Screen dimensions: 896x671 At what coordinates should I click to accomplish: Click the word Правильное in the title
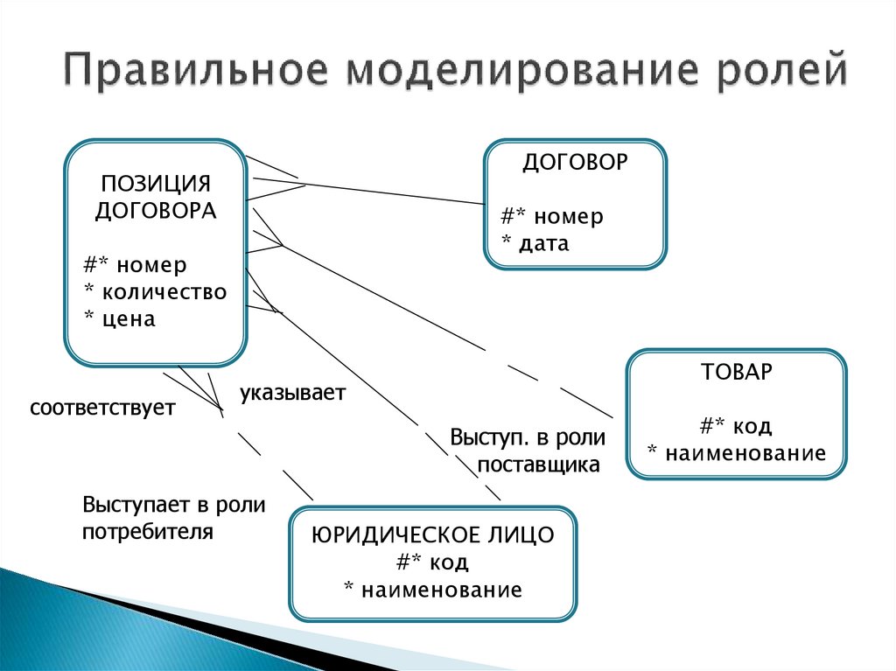(x=196, y=71)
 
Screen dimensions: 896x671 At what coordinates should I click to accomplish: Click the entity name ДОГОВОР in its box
(x=575, y=163)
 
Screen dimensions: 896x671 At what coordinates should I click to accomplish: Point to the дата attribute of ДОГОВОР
(x=544, y=243)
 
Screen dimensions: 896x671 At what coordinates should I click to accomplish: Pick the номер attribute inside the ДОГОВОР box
(x=569, y=216)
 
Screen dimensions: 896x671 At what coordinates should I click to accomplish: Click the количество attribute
(x=164, y=291)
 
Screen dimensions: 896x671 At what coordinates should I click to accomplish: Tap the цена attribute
(x=129, y=318)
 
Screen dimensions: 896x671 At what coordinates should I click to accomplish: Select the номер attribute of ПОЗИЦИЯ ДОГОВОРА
(x=151, y=264)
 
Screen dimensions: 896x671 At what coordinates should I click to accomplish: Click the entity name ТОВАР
(x=737, y=372)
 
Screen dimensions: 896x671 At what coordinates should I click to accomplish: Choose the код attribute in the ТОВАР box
(x=752, y=426)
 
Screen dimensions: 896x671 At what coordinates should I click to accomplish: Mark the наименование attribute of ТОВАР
(x=745, y=453)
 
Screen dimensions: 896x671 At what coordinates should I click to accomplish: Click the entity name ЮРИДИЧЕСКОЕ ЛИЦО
(x=432, y=535)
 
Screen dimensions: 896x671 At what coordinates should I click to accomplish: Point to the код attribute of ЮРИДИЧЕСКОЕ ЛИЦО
(x=449, y=562)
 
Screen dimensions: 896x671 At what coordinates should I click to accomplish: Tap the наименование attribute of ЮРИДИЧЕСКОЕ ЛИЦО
(x=442, y=590)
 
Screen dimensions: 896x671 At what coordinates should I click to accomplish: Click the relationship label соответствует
(x=102, y=408)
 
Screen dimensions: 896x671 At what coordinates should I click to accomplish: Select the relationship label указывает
(x=292, y=393)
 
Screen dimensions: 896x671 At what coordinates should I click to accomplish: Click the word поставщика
(x=538, y=465)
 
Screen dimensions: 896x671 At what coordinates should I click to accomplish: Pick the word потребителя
(x=147, y=532)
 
